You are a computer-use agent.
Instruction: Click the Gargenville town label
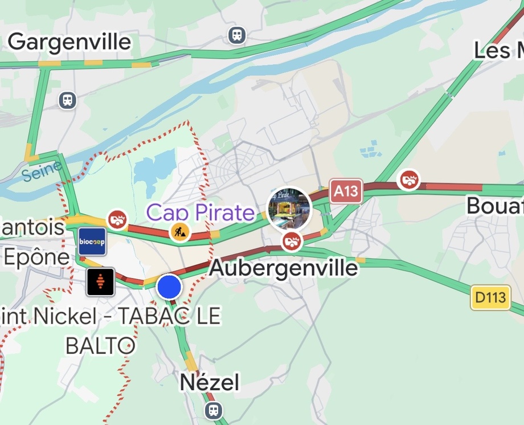click(x=69, y=42)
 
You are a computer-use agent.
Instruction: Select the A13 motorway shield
click(x=346, y=191)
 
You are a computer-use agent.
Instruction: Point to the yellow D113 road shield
click(x=490, y=298)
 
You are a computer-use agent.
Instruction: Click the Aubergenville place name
click(x=284, y=267)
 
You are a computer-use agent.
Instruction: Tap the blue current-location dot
click(x=169, y=287)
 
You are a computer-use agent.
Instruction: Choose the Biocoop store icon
click(x=92, y=242)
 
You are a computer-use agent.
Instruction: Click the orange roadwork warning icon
click(x=180, y=231)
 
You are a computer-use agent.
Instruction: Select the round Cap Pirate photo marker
click(x=289, y=209)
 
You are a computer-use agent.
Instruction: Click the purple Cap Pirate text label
click(x=200, y=213)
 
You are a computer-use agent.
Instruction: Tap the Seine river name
click(x=43, y=170)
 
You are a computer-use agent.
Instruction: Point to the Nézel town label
click(x=210, y=382)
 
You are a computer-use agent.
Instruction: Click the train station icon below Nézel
click(x=214, y=410)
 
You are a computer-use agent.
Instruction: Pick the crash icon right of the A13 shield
click(x=408, y=179)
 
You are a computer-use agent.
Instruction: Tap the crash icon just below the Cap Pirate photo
click(x=292, y=241)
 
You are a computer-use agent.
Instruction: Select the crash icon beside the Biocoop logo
click(x=117, y=218)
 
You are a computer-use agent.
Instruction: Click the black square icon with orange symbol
click(x=101, y=282)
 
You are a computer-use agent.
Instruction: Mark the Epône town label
click(x=36, y=257)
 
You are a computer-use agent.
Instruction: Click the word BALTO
click(x=101, y=345)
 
